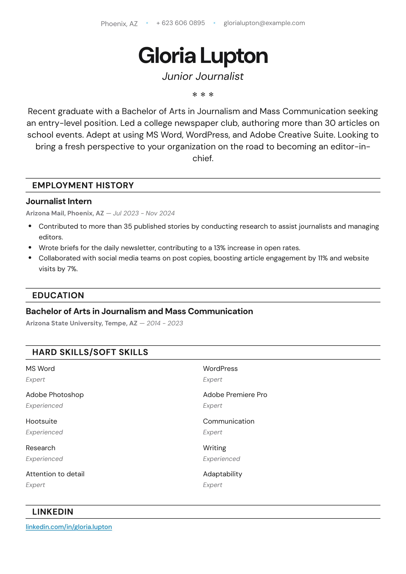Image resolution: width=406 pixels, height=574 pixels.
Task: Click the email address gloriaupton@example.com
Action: [x=264, y=23]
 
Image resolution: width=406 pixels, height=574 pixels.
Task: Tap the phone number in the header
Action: [x=181, y=23]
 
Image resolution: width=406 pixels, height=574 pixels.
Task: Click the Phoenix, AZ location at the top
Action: [x=119, y=24]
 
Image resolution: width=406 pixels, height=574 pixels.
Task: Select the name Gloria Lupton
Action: [x=203, y=56]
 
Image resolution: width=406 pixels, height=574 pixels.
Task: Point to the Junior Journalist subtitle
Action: [x=203, y=76]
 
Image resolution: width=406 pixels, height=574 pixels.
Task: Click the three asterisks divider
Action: [x=203, y=95]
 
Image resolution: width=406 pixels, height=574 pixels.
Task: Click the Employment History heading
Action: [x=83, y=185]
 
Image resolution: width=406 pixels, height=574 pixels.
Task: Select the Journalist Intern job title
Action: [x=59, y=201]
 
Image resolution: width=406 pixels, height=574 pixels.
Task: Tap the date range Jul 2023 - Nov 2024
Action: [x=144, y=213]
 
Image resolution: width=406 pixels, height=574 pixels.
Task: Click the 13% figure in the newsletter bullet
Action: [x=219, y=248]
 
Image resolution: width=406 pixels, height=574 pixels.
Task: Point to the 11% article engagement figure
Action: [x=323, y=258]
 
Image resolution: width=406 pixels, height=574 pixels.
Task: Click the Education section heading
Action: [x=58, y=295]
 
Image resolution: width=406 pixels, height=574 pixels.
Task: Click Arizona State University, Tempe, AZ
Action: [x=82, y=323]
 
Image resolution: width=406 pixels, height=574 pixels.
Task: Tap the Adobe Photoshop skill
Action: [x=55, y=394]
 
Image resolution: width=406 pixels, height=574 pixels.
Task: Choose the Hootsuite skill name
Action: [x=41, y=421]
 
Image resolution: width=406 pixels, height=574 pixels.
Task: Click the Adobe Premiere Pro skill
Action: [x=235, y=394]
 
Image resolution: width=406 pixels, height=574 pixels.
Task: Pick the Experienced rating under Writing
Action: [x=221, y=459]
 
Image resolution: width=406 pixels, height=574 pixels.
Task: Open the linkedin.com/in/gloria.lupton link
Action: [x=69, y=527]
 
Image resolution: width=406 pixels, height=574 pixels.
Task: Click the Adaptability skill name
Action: [x=222, y=474]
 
